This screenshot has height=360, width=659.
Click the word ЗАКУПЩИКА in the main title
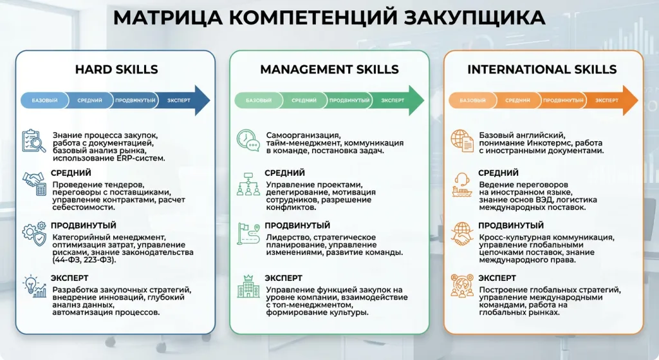pos(474,17)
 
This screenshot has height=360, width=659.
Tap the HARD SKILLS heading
pos(116,70)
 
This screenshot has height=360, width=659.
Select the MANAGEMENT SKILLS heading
pos(329,70)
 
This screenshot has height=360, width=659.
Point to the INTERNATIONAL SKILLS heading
pos(542,70)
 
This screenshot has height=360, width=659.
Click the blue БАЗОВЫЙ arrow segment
pos(41,100)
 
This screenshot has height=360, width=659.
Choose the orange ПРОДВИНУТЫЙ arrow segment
pos(562,100)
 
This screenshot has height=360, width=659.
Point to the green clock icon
pos(248,141)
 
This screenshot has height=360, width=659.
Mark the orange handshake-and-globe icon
pos(461,234)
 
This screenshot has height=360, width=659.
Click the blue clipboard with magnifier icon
pos(34,142)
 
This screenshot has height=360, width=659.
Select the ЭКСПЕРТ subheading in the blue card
pos(70,278)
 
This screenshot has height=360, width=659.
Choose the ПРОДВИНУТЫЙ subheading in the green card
pos(297,225)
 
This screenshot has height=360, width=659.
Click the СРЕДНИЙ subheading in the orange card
pos(498,173)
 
